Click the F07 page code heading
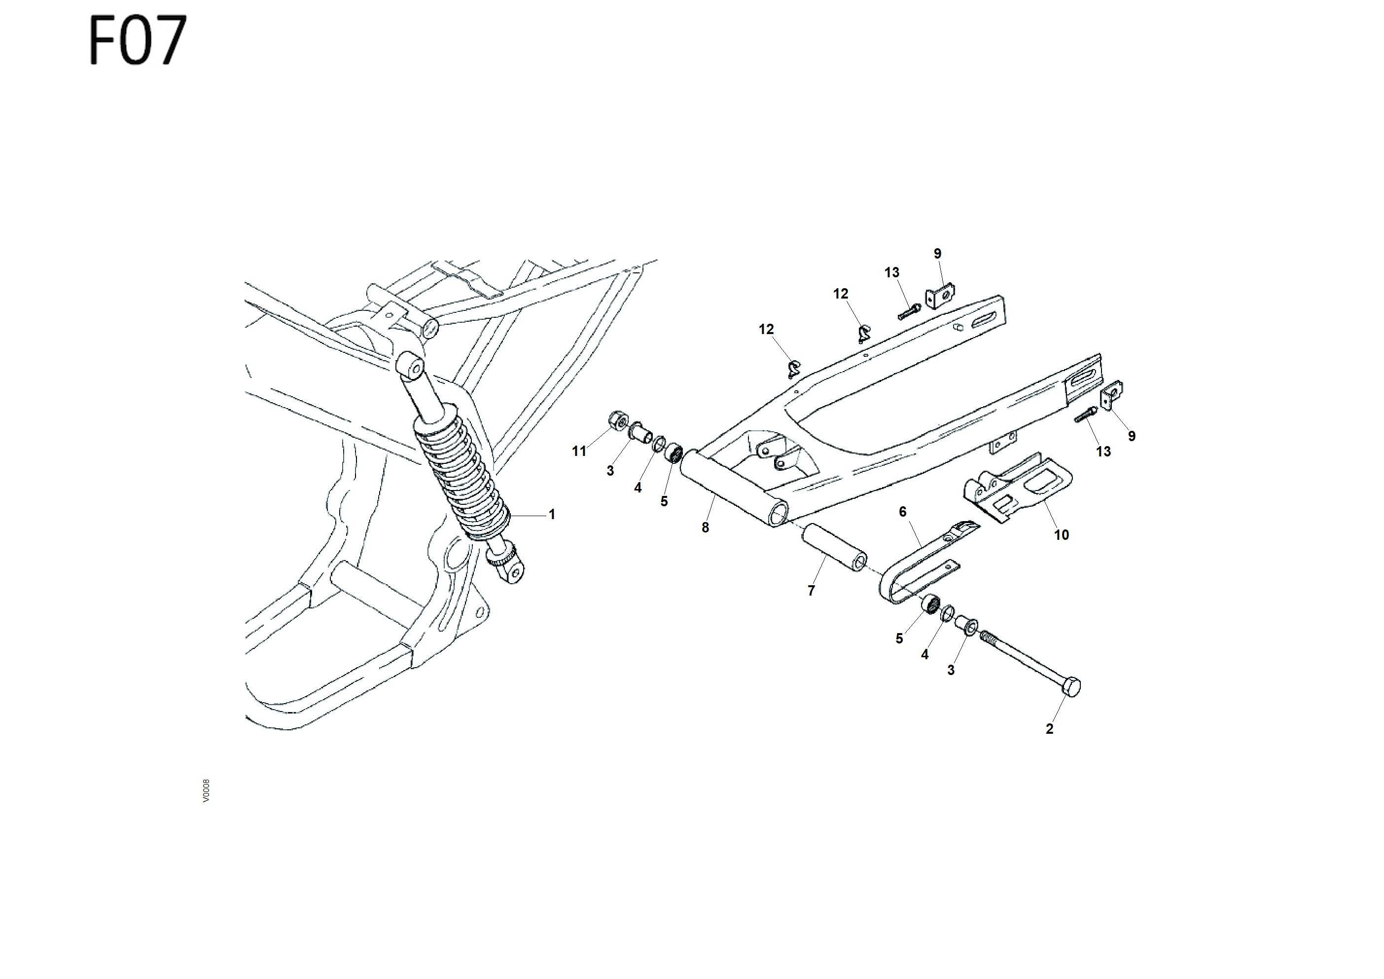[x=138, y=40]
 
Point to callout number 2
[x=1049, y=729]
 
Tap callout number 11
[x=579, y=451]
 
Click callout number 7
[x=812, y=591]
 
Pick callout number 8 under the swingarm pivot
[x=705, y=527]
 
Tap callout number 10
[x=1061, y=534]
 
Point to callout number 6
[x=902, y=512]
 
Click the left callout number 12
[x=766, y=329]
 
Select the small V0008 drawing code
[x=206, y=790]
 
